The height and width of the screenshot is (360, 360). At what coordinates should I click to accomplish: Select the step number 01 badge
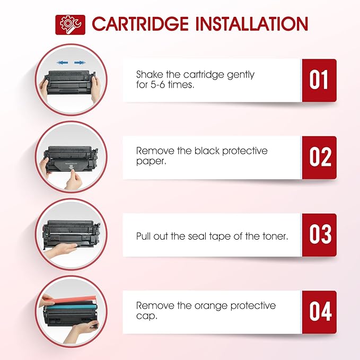coord(319,80)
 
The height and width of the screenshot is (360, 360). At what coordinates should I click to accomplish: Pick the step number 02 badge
coord(319,157)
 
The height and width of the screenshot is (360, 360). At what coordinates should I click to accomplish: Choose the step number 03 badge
coord(319,235)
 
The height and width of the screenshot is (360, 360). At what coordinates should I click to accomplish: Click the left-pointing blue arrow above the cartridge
coord(62,63)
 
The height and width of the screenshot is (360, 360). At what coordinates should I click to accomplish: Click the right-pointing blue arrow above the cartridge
coord(80,63)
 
